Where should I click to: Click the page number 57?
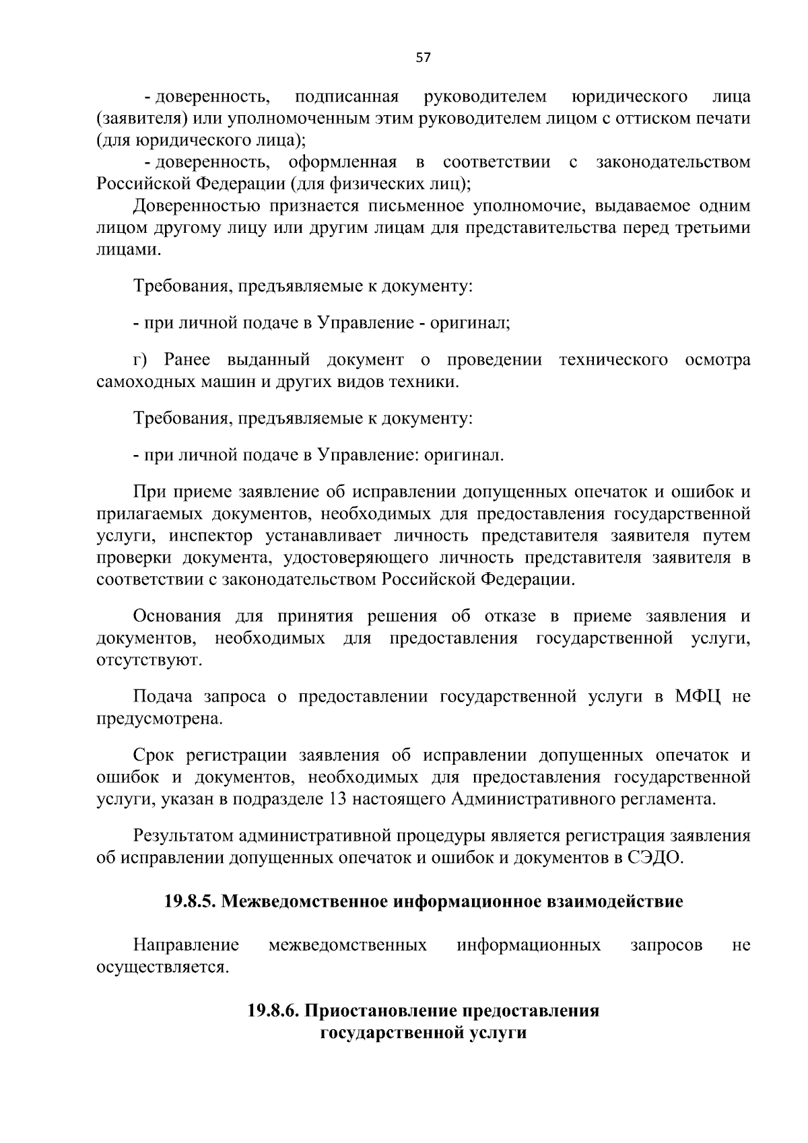(x=423, y=58)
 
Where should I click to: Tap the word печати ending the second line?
(x=720, y=119)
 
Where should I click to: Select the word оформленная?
(x=341, y=162)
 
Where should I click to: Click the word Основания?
(x=177, y=617)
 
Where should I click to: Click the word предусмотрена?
(x=159, y=718)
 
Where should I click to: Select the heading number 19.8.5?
(x=189, y=901)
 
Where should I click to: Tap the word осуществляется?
(x=162, y=967)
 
